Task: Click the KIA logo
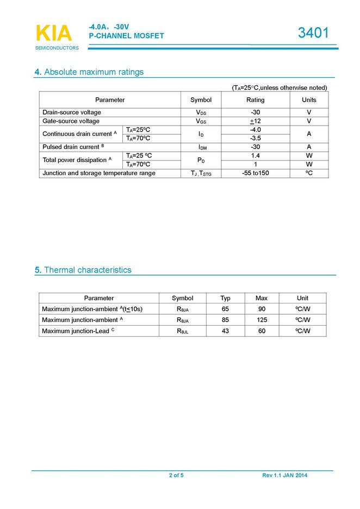[53, 34]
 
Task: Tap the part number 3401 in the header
[313, 33]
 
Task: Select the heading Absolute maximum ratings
[94, 72]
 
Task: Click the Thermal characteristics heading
[87, 270]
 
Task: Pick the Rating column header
[255, 100]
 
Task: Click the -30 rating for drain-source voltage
[255, 113]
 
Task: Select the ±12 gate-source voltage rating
[255, 121]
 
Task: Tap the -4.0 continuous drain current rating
[255, 130]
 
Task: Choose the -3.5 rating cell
[255, 138]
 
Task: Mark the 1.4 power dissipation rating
[255, 156]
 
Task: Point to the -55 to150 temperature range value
[255, 173]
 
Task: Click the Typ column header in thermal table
[225, 298]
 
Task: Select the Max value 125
[262, 320]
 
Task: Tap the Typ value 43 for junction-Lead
[225, 331]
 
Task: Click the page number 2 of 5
[176, 476]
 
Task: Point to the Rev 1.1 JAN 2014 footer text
[284, 476]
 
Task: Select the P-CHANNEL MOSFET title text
[126, 36]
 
